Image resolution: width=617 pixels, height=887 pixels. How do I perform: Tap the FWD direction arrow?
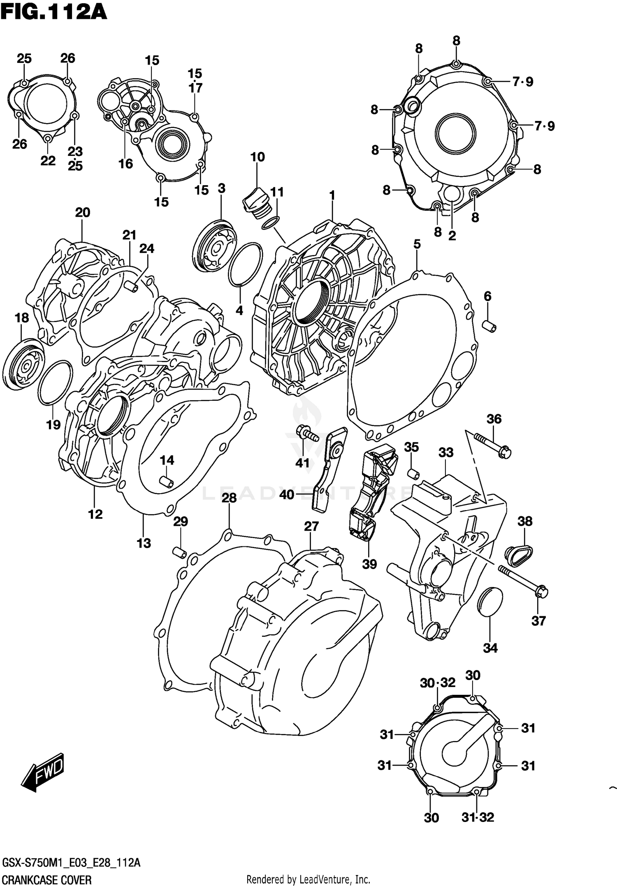click(43, 772)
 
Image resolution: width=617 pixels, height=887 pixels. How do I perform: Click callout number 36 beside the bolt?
click(494, 419)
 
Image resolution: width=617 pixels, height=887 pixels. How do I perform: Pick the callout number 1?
click(332, 195)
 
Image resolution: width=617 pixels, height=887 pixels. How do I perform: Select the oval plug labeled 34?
click(489, 602)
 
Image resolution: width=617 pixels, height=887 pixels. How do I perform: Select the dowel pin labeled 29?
click(180, 552)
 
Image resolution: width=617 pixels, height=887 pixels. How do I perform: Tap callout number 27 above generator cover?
click(311, 526)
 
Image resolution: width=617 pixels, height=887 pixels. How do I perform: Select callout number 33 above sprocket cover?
click(445, 453)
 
